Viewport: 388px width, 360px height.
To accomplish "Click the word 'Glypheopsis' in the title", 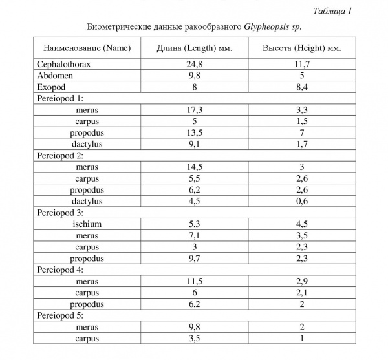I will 268,27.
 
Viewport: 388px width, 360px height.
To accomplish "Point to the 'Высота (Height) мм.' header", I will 301,49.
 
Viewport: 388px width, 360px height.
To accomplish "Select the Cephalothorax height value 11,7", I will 301,65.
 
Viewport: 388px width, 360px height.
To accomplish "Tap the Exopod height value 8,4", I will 301,87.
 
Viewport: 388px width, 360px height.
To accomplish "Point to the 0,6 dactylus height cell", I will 301,201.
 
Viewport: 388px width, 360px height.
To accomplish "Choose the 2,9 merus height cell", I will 301,281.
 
